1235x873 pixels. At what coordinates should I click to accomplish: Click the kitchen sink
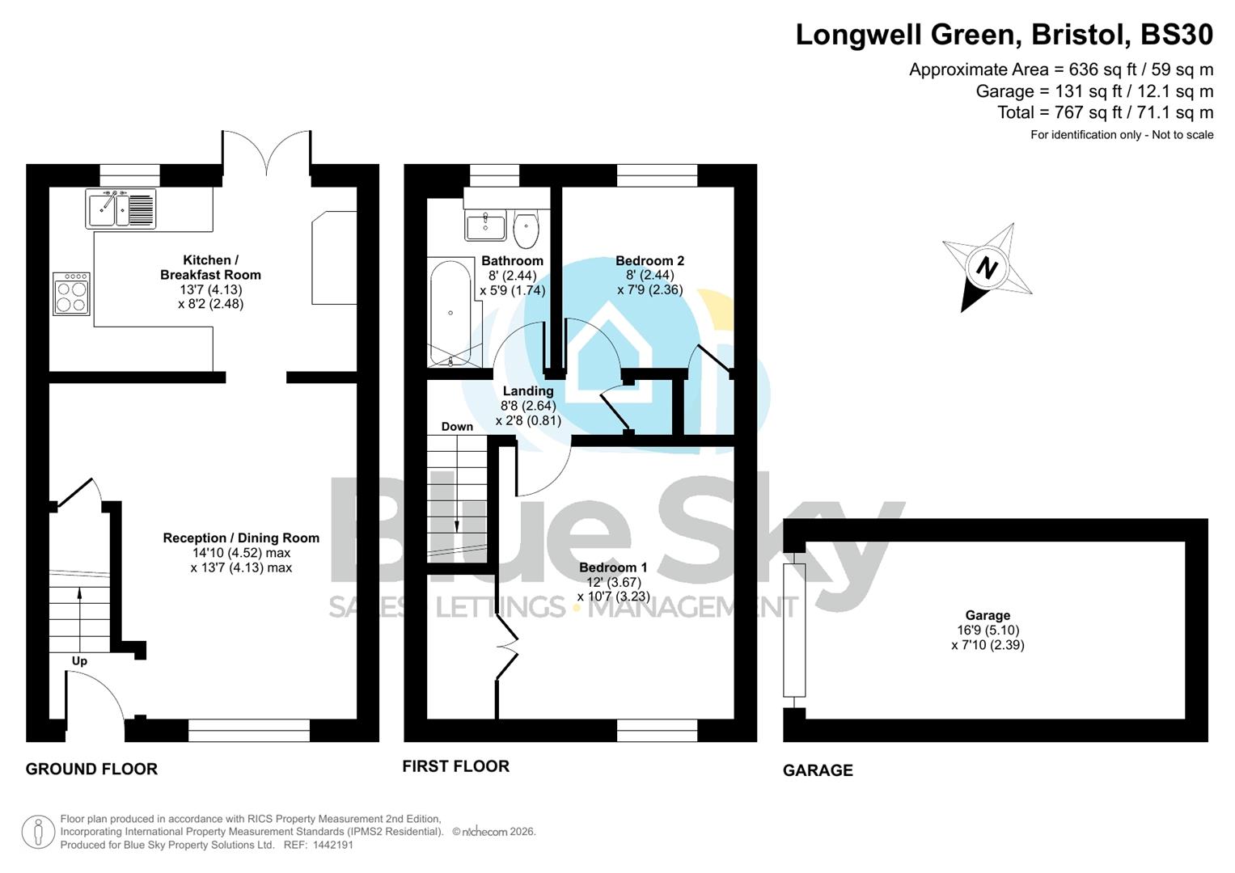click(x=121, y=209)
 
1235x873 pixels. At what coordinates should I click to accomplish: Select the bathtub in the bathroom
click(x=450, y=312)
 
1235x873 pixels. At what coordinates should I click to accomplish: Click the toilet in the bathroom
click(x=526, y=229)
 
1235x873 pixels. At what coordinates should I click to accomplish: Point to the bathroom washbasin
click(x=485, y=226)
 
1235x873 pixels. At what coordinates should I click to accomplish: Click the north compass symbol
click(x=987, y=267)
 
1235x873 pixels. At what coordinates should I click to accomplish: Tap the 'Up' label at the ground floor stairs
click(x=79, y=661)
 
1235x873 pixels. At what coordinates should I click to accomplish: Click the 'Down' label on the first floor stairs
click(x=457, y=426)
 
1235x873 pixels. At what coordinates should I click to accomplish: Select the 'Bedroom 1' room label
click(x=613, y=567)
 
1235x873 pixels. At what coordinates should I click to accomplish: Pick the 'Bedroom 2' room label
click(x=649, y=260)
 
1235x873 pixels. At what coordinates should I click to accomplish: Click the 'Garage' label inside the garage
click(x=988, y=615)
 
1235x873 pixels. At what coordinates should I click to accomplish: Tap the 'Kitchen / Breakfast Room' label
click(x=210, y=268)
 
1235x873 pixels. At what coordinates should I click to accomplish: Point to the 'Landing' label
click(x=528, y=391)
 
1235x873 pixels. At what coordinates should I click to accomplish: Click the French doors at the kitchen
click(x=266, y=154)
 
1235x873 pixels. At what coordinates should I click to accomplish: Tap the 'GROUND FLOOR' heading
click(x=91, y=769)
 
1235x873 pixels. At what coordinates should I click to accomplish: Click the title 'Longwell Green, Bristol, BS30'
click(x=1004, y=35)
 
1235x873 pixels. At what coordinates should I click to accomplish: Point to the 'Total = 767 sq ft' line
click(x=1105, y=112)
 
